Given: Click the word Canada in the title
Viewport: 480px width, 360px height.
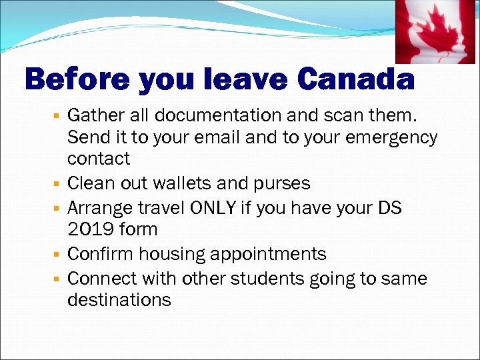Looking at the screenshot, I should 356,81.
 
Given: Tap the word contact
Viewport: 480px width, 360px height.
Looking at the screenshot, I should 99,159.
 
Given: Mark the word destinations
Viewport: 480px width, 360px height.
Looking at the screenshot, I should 119,300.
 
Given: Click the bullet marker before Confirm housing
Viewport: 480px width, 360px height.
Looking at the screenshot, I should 58,255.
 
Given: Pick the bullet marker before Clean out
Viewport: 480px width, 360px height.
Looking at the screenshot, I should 58,183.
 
